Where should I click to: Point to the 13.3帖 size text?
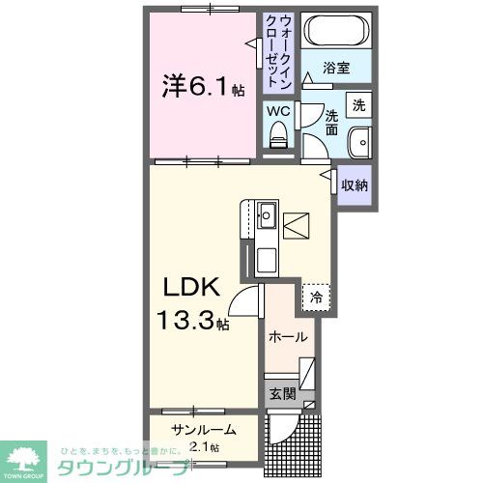[194, 320]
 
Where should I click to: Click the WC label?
[279, 111]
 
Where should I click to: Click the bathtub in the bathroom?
[334, 31]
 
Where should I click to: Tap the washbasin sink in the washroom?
[360, 140]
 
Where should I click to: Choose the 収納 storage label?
[354, 183]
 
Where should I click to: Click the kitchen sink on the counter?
[267, 213]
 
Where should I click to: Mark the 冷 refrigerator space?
[315, 298]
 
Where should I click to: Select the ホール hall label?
[288, 337]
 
